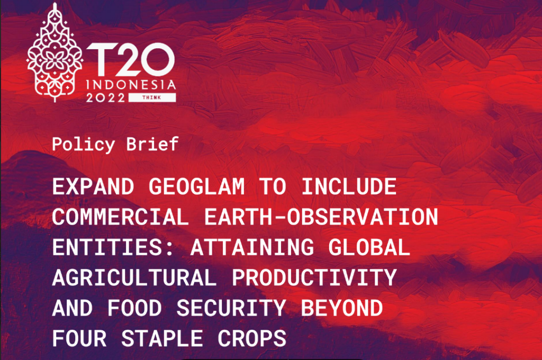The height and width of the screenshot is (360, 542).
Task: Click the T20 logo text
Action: [131, 59]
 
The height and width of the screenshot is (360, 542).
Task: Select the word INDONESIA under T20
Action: [131, 85]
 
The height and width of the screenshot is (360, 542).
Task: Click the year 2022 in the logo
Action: [105, 98]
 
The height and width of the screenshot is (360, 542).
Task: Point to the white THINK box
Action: [152, 97]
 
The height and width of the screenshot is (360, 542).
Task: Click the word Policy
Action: [83, 144]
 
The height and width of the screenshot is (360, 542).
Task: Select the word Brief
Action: [152, 143]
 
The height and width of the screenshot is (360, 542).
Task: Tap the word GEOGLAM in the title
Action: [197, 187]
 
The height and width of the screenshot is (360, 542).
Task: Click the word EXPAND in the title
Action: [93, 187]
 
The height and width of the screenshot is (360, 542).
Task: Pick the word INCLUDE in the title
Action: [349, 187]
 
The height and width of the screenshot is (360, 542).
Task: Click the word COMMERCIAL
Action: [121, 217]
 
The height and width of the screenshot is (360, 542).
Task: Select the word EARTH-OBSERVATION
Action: [321, 217]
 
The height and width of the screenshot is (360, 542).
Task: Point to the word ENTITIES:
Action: [114, 247]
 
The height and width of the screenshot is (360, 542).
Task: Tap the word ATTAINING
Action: [252, 247]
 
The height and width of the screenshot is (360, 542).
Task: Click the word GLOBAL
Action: [369, 247]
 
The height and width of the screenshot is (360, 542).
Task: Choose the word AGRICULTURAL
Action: [134, 278]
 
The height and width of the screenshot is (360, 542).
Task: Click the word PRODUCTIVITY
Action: [314, 278]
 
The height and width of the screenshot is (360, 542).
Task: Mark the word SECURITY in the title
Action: [231, 308]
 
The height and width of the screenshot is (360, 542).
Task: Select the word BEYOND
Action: [342, 308]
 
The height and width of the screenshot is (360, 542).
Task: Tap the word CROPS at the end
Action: [252, 338]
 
